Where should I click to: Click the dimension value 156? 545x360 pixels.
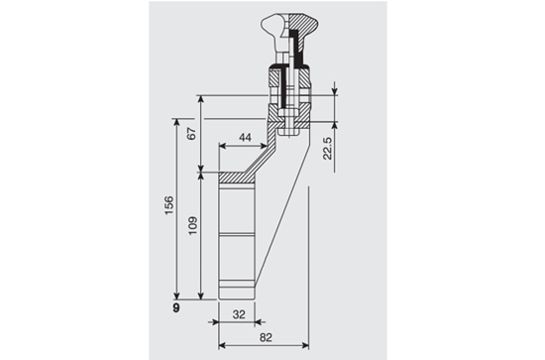[168, 205]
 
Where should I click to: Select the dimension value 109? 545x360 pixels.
[192, 226]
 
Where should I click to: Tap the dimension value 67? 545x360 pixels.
[192, 134]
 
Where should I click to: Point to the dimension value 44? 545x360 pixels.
[245, 138]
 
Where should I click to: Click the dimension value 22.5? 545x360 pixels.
[327, 148]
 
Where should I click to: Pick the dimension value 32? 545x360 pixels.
[239, 314]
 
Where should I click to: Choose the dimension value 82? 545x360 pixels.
[266, 337]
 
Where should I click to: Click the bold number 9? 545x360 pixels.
[176, 307]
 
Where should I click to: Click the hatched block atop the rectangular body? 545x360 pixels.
[237, 179]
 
